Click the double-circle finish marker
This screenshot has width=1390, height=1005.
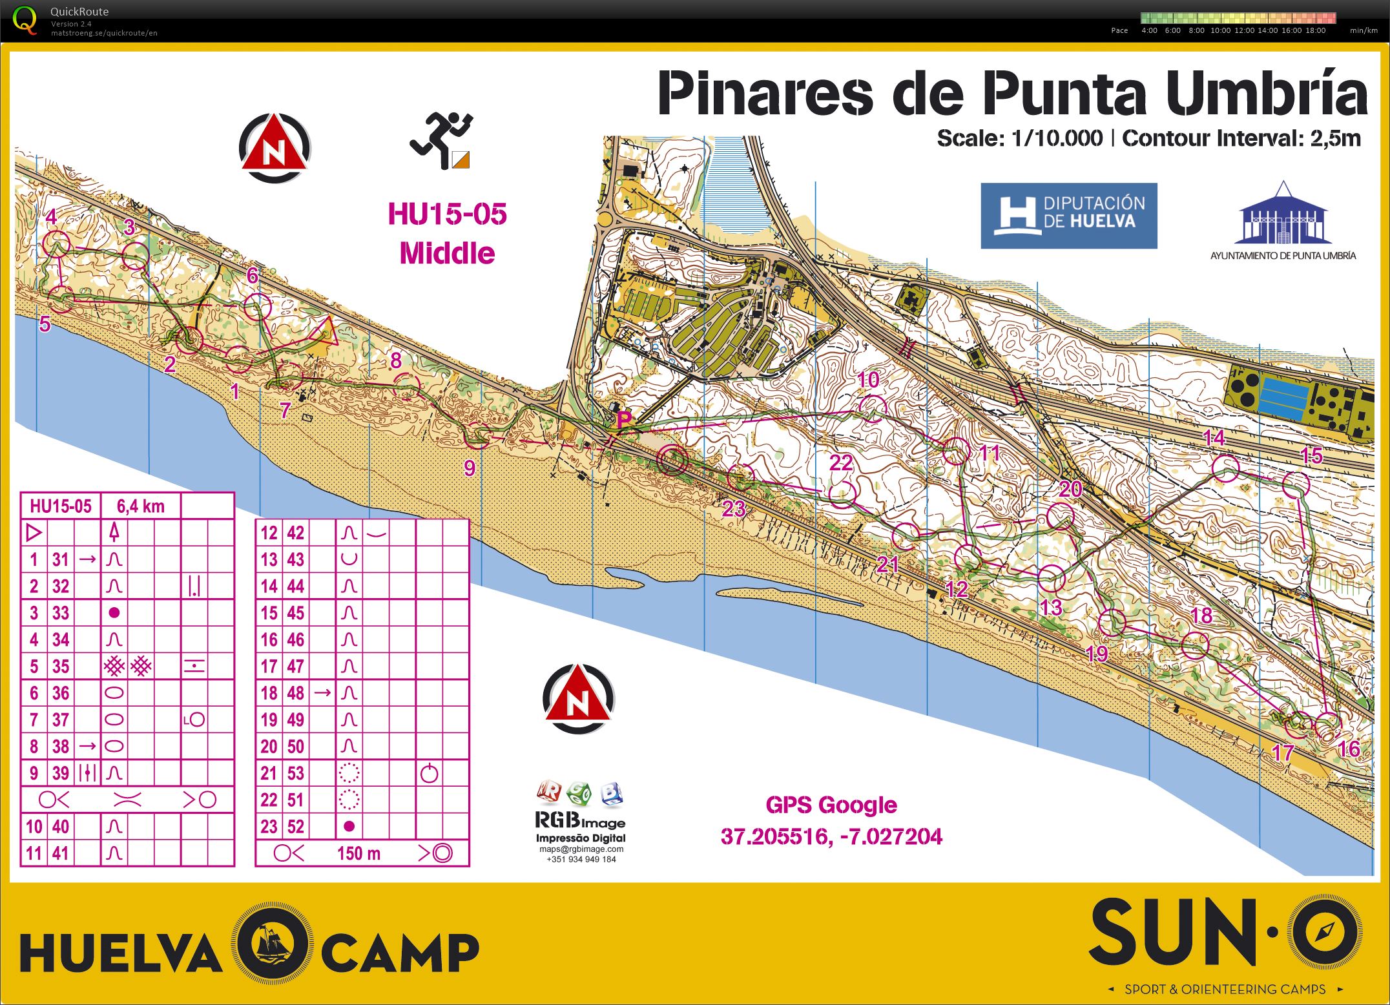coord(672,459)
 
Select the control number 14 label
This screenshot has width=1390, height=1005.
coord(1214,438)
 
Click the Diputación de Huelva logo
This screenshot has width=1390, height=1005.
coord(1068,216)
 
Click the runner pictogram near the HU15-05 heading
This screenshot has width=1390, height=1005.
coord(442,141)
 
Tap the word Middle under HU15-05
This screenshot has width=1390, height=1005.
coord(447,253)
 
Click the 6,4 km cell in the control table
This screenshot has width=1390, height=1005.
coord(141,506)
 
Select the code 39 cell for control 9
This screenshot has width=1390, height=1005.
coord(61,772)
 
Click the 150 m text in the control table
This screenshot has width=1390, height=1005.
coord(358,853)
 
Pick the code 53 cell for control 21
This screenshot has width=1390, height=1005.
coord(295,772)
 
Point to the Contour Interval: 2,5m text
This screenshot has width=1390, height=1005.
coord(1241,138)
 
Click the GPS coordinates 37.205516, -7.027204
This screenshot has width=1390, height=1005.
coord(831,836)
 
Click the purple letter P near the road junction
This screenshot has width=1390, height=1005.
coord(624,420)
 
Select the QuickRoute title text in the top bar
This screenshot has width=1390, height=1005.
coord(79,11)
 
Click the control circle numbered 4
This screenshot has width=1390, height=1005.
coord(57,244)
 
